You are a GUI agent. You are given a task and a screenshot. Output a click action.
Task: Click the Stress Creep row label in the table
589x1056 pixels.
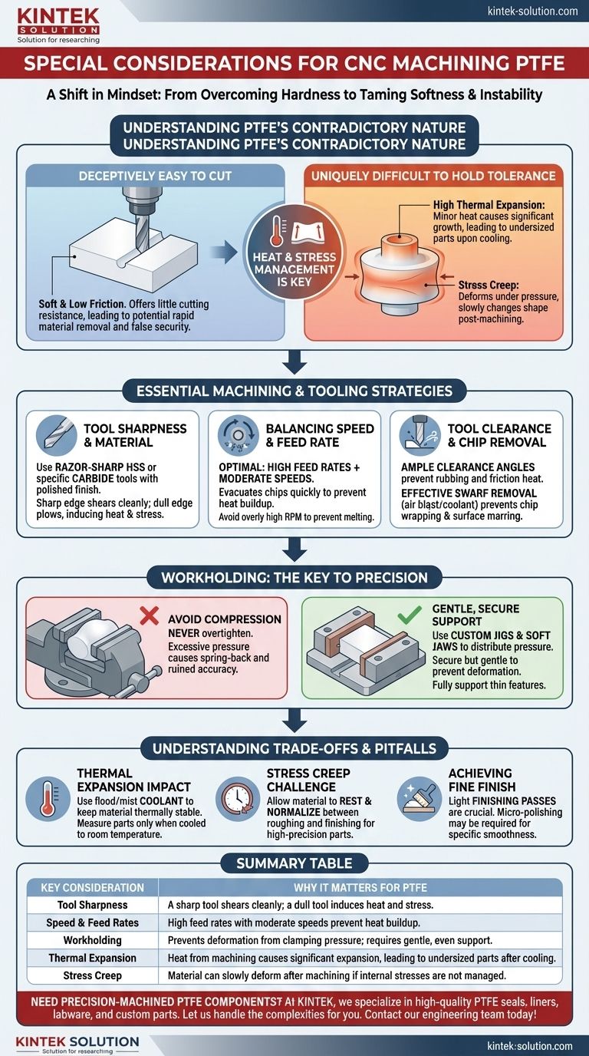(92, 975)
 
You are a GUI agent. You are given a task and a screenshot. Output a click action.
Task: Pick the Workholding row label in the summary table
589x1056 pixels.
(92, 940)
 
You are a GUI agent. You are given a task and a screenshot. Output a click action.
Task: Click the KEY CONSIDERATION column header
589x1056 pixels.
(92, 887)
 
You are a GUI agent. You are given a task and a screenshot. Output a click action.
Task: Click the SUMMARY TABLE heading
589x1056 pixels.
(294, 863)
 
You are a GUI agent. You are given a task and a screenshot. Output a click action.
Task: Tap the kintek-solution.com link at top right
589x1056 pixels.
(532, 12)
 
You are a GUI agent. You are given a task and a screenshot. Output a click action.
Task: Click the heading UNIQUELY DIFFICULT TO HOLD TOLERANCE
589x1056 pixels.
(433, 176)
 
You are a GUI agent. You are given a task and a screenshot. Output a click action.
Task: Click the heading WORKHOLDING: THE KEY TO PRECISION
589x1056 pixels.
(294, 577)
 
